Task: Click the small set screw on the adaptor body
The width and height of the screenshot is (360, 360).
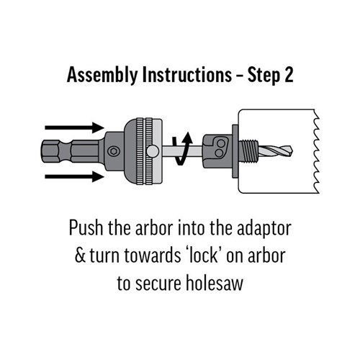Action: pyautogui.click(x=113, y=152)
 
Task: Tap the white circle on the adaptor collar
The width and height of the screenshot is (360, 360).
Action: pyautogui.click(x=153, y=152)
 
